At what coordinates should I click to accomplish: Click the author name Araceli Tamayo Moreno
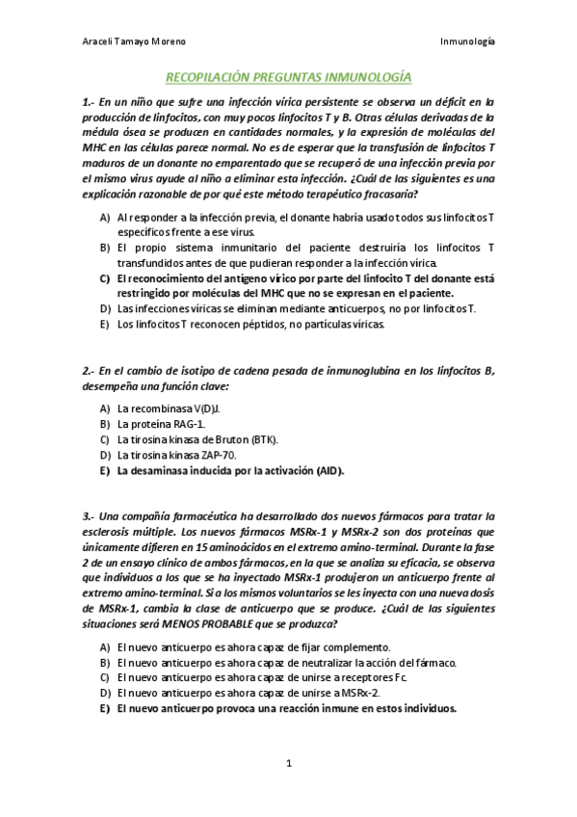[x=134, y=42]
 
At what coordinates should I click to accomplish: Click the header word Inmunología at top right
[x=467, y=42]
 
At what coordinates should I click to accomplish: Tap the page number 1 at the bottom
[x=288, y=764]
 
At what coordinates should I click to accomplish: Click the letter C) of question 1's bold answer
[x=105, y=277]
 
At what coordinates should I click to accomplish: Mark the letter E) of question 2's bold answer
[x=104, y=471]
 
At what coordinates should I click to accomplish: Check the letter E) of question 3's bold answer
[x=104, y=708]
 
